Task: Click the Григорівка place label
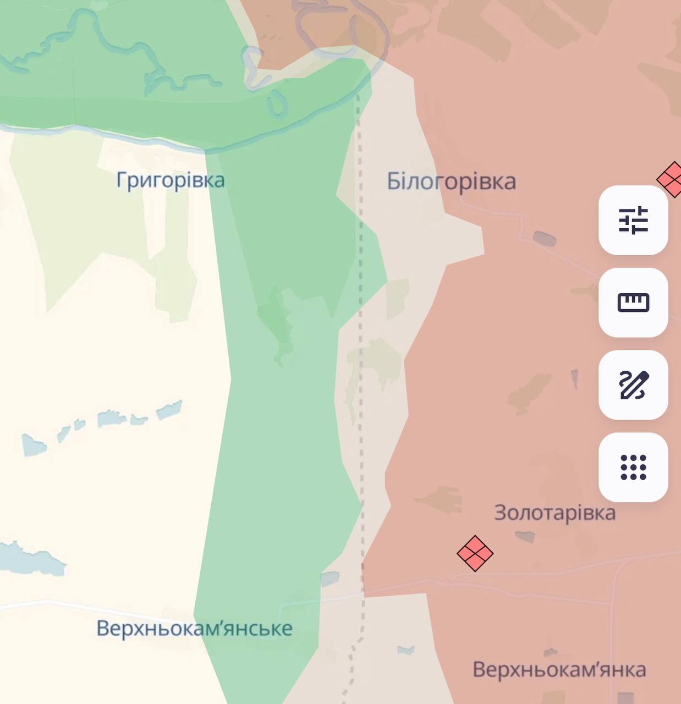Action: (x=171, y=180)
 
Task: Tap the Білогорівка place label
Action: (x=451, y=182)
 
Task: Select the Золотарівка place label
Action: (x=554, y=513)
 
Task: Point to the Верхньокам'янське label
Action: (x=194, y=628)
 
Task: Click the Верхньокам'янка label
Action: (x=559, y=670)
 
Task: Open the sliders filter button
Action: (x=633, y=220)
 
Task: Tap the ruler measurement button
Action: (x=633, y=302)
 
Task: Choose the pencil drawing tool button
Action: (x=633, y=385)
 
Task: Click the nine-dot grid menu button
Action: (x=633, y=468)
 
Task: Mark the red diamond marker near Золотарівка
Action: (x=475, y=553)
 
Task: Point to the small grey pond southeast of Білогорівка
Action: (x=544, y=239)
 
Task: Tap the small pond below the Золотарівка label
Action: (x=524, y=536)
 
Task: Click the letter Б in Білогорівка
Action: (x=394, y=182)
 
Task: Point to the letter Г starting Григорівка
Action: (x=122, y=180)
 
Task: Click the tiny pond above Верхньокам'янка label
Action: (x=551, y=652)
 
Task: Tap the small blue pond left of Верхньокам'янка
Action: (x=406, y=650)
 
